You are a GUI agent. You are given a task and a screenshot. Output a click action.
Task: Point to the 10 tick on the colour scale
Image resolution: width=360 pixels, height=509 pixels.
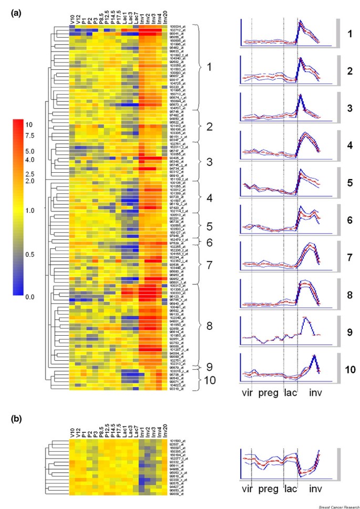(29, 125)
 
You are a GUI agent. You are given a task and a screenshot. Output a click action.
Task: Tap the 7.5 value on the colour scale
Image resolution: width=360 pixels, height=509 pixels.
(29, 136)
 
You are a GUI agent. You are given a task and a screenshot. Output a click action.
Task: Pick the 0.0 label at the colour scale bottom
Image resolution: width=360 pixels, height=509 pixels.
(29, 297)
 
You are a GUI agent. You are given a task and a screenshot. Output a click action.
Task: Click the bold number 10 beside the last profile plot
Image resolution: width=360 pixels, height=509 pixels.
(349, 368)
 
